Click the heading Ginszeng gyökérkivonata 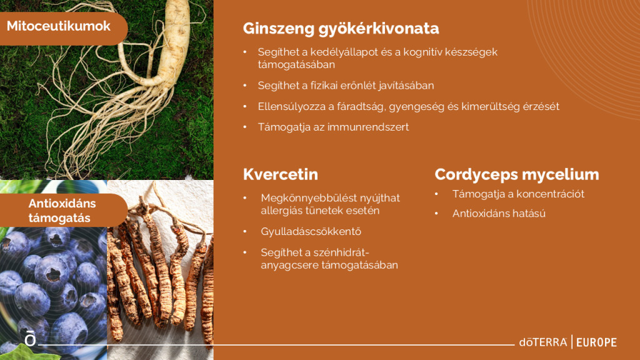click(x=341, y=29)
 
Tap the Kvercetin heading click(x=281, y=174)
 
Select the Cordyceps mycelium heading click(x=517, y=175)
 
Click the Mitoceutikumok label click(x=58, y=26)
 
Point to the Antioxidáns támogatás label click(x=62, y=211)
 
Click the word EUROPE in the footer click(x=596, y=342)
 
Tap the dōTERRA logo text click(x=543, y=342)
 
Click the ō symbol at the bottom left click(x=30, y=339)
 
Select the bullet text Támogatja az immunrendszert click(x=333, y=127)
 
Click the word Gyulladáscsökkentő click(x=311, y=231)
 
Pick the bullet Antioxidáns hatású click(x=499, y=214)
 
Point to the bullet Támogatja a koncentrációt click(x=518, y=194)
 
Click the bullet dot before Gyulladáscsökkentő click(x=245, y=231)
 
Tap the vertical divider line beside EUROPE click(x=572, y=342)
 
